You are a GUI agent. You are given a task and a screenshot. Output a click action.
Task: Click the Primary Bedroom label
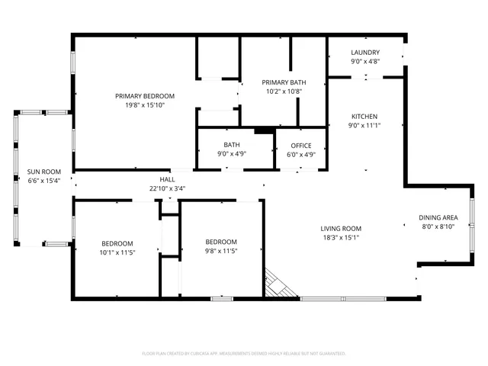tap(145, 95)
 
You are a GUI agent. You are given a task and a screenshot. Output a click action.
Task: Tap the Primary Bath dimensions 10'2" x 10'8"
tap(284, 91)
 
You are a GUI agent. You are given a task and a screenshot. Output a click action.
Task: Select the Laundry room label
tap(365, 53)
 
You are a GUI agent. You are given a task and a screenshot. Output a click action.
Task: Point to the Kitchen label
tap(364, 116)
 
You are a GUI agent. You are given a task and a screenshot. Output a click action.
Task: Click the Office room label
tap(301, 145)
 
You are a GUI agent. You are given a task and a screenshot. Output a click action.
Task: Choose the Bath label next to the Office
tap(232, 145)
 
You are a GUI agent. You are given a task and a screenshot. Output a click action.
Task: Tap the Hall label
tap(168, 180)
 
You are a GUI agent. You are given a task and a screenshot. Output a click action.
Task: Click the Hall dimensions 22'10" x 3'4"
tap(168, 188)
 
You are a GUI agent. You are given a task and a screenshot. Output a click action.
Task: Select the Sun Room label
tap(43, 172)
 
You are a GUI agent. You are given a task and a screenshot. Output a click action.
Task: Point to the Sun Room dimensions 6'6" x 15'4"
tap(43, 181)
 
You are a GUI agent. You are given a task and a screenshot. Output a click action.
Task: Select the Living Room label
tap(340, 228)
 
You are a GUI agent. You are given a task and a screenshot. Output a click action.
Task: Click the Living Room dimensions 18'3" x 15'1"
tap(340, 237)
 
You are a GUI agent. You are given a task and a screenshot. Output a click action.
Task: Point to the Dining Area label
tap(438, 217)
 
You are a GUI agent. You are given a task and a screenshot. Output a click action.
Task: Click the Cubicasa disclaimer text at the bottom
tap(244, 354)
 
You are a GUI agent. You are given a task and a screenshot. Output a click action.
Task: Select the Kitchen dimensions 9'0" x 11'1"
tap(364, 125)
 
